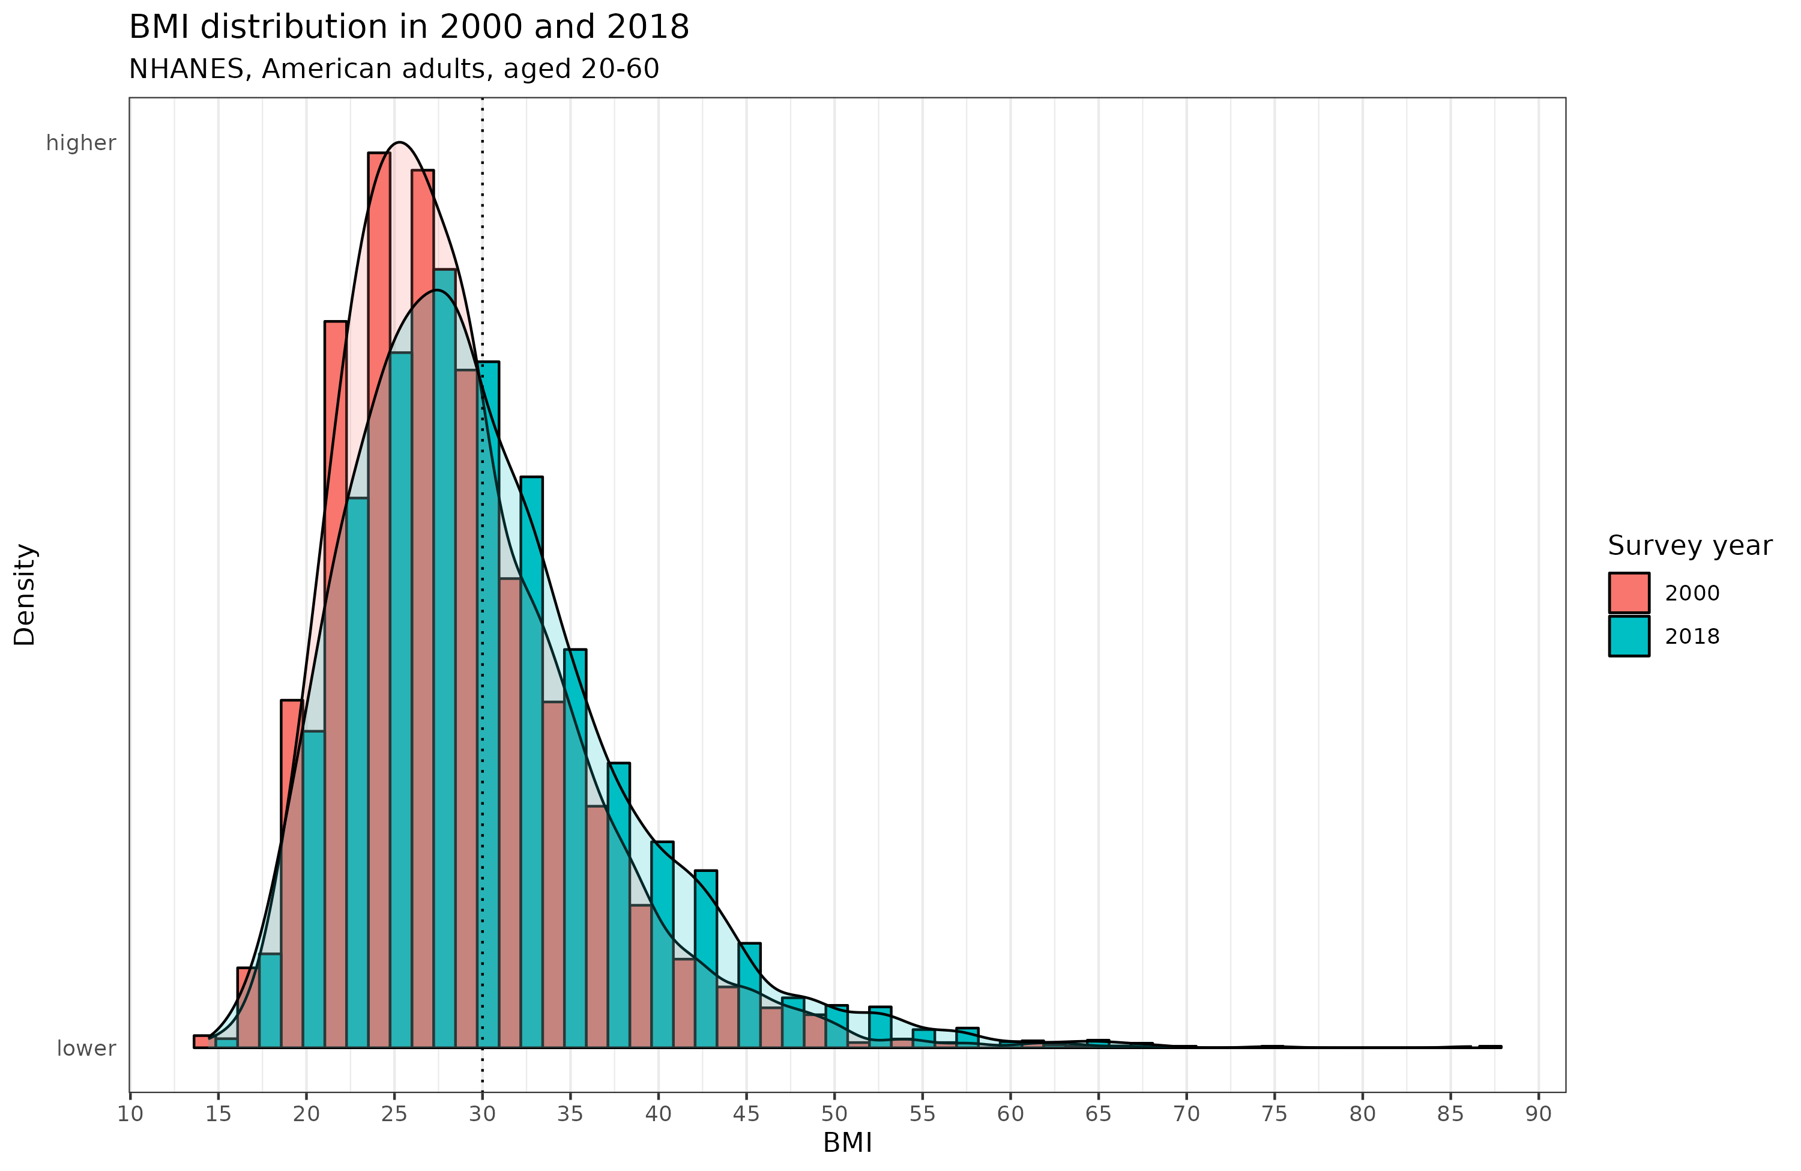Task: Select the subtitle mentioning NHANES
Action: pos(393,69)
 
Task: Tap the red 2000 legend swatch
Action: pos(1629,593)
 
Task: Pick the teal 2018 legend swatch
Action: pos(1629,637)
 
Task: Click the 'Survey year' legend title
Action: pos(1689,546)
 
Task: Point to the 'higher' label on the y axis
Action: pos(81,143)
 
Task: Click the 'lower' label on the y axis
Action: pos(86,1048)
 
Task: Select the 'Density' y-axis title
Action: pos(25,594)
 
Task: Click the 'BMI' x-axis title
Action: pos(847,1143)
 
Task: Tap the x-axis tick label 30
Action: pos(482,1114)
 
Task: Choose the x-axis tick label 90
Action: pos(1539,1114)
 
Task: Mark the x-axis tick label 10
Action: pos(130,1114)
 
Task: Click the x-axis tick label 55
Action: pos(923,1114)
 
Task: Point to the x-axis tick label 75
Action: pos(1275,1114)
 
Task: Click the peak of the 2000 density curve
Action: pos(400,142)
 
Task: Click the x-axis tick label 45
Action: pos(746,1114)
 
